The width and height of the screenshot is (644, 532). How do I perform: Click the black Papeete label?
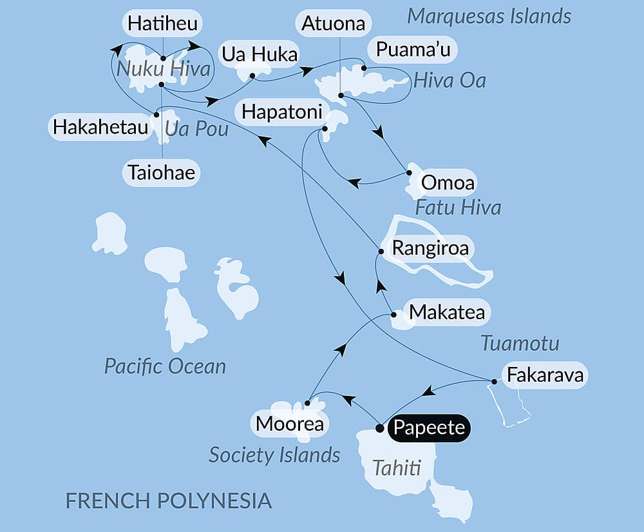(x=430, y=428)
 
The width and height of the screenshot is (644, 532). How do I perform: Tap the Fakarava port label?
(x=545, y=375)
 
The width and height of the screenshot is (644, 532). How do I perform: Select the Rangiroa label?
(x=430, y=248)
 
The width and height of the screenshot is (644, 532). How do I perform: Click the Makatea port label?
(x=448, y=313)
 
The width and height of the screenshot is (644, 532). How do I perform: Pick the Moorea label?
(x=289, y=424)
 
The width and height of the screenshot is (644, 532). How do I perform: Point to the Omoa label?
(x=447, y=183)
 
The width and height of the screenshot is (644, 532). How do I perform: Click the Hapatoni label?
(x=282, y=112)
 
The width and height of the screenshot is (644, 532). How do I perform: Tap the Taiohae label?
(x=161, y=173)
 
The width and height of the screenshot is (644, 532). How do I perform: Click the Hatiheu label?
(x=162, y=25)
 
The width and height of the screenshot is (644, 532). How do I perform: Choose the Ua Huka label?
(x=260, y=54)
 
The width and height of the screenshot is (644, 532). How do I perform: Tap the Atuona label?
(x=334, y=25)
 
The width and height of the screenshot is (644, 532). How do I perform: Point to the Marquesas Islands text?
(x=489, y=16)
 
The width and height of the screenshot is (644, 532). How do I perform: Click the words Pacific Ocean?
(x=166, y=367)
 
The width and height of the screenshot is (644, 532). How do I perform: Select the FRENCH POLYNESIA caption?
(x=169, y=500)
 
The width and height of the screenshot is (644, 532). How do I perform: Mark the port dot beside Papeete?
(x=379, y=428)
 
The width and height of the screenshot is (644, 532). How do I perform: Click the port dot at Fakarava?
(x=494, y=382)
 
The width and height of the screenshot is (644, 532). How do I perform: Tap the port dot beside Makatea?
(x=393, y=315)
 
